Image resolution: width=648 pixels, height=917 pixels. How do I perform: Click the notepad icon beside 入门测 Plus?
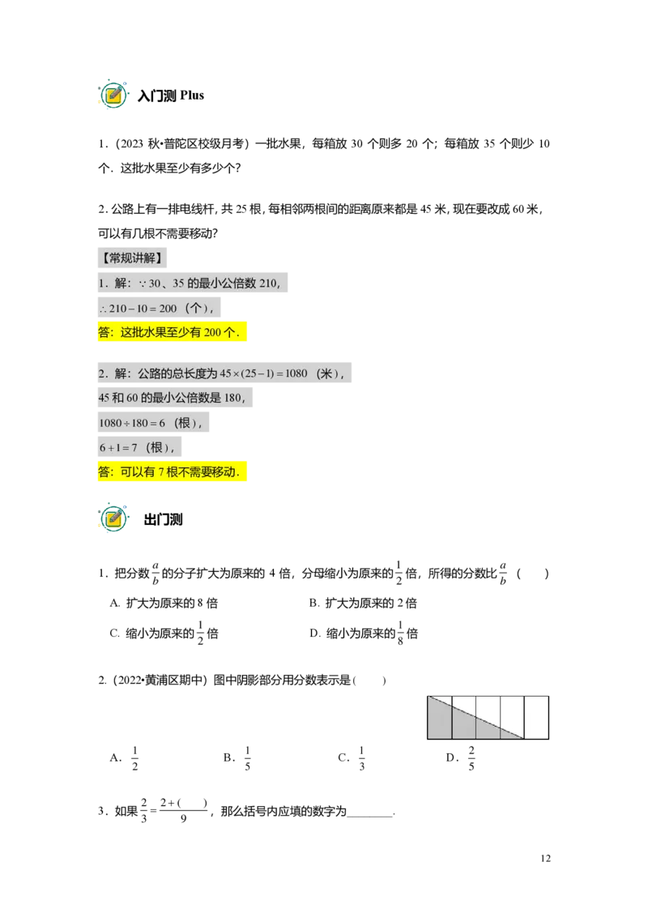click(x=113, y=95)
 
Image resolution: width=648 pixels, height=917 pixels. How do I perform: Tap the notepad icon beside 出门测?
click(x=113, y=518)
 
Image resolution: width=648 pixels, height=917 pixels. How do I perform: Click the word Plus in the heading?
click(x=192, y=96)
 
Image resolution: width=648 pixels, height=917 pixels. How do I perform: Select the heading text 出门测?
click(x=163, y=519)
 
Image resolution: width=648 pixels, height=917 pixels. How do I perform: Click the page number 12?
click(x=545, y=858)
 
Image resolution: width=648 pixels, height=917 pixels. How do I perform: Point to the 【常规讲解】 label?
click(x=132, y=258)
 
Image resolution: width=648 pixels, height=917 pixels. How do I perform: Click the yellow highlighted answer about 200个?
click(x=172, y=332)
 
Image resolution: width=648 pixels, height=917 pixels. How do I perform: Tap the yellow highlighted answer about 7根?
click(x=172, y=471)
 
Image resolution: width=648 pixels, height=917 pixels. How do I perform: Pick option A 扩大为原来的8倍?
click(x=164, y=603)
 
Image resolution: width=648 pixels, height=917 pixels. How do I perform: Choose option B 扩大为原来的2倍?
click(x=363, y=603)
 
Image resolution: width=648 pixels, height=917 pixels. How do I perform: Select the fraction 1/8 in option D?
click(x=400, y=633)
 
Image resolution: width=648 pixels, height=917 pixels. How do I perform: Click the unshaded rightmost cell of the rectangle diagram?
click(x=536, y=718)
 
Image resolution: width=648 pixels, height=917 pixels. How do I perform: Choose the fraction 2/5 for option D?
click(x=471, y=758)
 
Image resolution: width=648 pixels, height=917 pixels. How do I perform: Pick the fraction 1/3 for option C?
click(x=361, y=758)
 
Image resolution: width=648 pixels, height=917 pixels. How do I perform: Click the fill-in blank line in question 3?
click(x=370, y=815)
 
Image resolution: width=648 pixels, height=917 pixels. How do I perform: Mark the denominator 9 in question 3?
click(x=183, y=819)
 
